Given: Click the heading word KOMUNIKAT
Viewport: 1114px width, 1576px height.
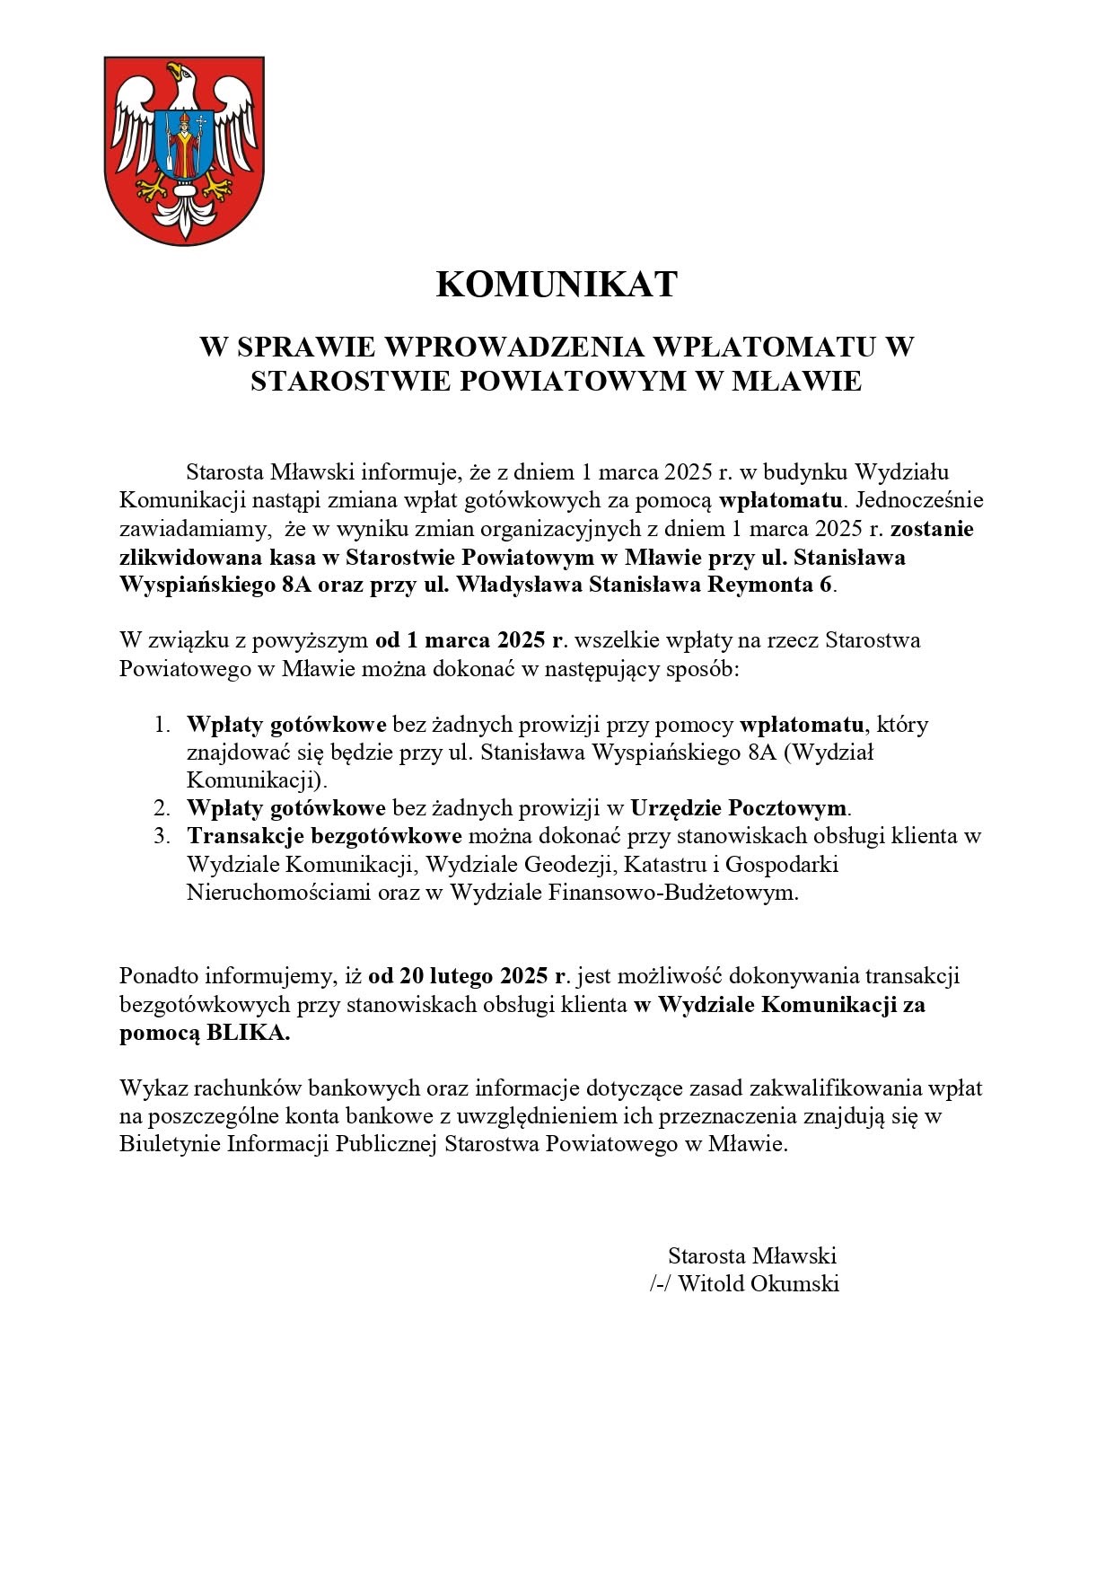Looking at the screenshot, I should (x=556, y=285).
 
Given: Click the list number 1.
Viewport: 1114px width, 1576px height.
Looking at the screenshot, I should (x=162, y=724).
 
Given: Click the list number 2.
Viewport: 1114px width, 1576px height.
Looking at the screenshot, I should (x=162, y=807).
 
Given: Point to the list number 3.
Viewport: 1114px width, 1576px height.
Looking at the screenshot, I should (x=162, y=836).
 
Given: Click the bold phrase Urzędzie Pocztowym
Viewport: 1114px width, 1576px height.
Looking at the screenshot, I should (x=739, y=807).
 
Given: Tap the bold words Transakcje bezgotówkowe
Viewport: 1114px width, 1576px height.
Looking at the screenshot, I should (x=324, y=836).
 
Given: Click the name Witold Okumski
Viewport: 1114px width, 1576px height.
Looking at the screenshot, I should (x=759, y=1283).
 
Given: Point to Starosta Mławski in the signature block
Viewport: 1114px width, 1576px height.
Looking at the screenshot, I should (x=752, y=1255).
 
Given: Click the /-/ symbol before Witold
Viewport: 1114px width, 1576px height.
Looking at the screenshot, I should (x=661, y=1283).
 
